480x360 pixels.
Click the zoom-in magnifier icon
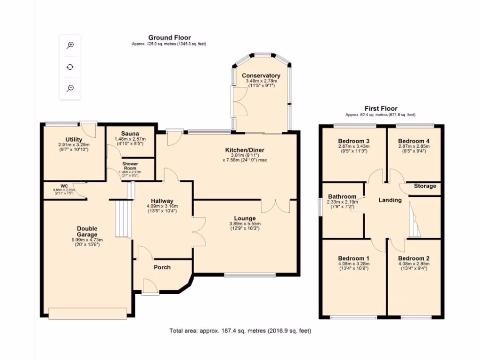coord(70,45)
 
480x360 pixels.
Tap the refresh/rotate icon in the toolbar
coord(70,67)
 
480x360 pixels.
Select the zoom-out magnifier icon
coord(70,88)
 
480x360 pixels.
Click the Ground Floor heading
coord(169,37)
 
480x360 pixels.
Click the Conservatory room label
coord(261,75)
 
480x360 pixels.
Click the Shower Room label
coord(130,166)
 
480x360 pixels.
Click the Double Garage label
coord(87,231)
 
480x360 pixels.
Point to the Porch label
coord(162,267)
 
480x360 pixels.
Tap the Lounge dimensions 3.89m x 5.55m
coord(245,224)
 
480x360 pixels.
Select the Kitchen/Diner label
coord(245,150)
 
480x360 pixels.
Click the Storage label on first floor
coord(425,186)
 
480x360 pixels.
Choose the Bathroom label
coord(342,196)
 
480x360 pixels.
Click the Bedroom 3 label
coord(354,141)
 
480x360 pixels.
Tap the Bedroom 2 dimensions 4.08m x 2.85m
coord(414,263)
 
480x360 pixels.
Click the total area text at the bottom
coord(240,331)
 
